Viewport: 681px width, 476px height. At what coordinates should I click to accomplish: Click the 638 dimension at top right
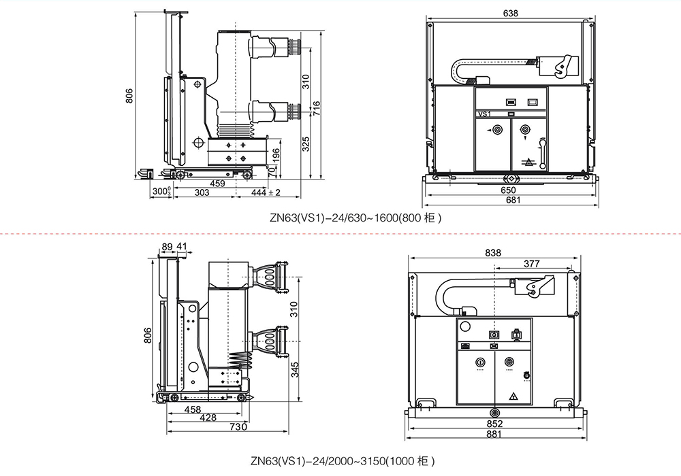[509, 13]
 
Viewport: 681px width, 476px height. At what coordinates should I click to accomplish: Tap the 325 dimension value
[306, 143]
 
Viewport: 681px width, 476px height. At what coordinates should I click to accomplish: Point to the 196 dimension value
[275, 156]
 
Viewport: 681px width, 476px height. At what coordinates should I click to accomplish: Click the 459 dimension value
[217, 184]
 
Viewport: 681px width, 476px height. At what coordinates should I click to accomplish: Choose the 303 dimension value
[202, 194]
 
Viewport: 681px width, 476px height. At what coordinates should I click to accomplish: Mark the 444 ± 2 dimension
[266, 194]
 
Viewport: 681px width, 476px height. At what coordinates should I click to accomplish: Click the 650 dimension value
[509, 190]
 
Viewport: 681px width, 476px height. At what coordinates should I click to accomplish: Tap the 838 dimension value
[493, 252]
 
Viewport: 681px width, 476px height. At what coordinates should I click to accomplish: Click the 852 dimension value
[495, 424]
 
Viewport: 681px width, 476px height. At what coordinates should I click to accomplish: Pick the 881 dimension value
[495, 435]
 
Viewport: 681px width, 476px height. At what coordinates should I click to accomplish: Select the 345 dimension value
[295, 371]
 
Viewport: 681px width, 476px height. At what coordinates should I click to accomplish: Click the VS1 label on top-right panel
[485, 115]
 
